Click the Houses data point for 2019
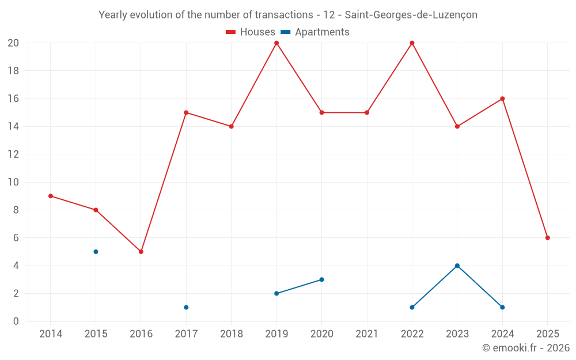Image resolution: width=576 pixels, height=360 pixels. click(x=276, y=43)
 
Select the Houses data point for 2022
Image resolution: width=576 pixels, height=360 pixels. click(x=412, y=43)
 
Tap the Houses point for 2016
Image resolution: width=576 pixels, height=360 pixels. click(x=141, y=252)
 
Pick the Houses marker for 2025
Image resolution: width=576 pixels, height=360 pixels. click(x=547, y=238)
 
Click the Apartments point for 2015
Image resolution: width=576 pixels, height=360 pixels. click(x=96, y=252)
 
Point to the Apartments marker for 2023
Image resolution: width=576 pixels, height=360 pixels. click(x=457, y=266)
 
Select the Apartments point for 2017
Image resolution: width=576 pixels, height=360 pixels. click(x=186, y=307)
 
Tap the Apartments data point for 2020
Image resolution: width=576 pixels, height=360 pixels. click(x=321, y=279)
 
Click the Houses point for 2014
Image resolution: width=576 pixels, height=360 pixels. click(x=51, y=196)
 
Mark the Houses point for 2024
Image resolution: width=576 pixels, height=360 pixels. click(x=502, y=98)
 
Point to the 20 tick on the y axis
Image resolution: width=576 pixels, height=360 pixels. click(x=13, y=43)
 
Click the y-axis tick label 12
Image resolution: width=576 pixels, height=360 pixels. click(x=13, y=154)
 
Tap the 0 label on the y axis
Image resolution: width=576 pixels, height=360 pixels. click(x=16, y=321)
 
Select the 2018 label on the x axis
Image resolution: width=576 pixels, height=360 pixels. click(x=231, y=334)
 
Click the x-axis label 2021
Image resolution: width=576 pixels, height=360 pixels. click(x=367, y=334)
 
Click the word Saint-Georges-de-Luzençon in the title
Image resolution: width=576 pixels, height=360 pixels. click(x=411, y=15)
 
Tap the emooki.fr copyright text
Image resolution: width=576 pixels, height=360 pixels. click(x=525, y=348)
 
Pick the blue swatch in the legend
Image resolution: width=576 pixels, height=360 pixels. click(x=285, y=32)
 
